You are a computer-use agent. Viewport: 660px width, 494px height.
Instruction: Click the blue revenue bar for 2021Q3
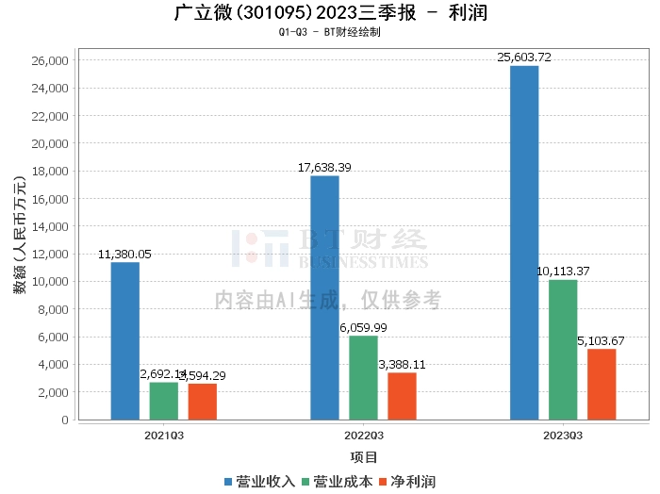tap(125, 340)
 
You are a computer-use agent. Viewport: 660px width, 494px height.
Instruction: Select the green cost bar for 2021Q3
tap(164, 401)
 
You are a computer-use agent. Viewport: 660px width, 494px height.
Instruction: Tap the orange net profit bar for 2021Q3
tap(202, 402)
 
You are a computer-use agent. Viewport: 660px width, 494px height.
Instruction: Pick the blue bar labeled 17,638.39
tap(324, 297)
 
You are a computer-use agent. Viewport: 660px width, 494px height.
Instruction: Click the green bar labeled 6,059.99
tap(363, 377)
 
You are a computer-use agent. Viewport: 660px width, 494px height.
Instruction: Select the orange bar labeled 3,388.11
tap(402, 396)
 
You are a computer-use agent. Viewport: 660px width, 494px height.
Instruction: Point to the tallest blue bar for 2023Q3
tap(524, 242)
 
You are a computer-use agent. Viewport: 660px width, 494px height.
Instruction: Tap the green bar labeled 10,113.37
tap(563, 350)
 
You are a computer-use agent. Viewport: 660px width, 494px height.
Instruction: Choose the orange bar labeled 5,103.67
tap(602, 384)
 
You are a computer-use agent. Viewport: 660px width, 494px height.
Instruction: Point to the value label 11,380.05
tap(124, 255)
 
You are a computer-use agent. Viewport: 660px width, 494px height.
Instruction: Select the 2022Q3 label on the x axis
tap(363, 436)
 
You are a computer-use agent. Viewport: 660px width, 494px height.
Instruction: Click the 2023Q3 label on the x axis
tap(563, 436)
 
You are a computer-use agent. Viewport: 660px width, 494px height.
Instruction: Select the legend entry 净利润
tap(405, 481)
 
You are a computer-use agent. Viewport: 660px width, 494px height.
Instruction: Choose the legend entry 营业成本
tap(336, 481)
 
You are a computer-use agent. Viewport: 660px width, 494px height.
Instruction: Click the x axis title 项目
tap(364, 457)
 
